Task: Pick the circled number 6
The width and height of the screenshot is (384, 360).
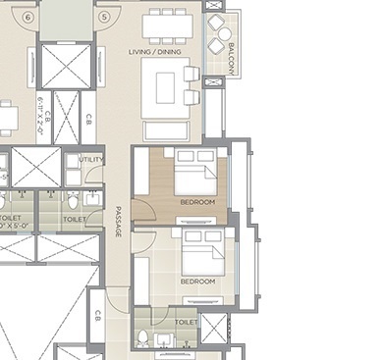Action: tap(28, 17)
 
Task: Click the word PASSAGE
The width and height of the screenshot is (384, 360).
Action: tap(118, 221)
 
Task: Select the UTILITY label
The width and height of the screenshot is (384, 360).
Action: tap(90, 158)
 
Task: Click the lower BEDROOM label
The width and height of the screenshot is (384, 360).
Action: tap(196, 282)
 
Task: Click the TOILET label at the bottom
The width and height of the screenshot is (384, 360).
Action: tap(186, 321)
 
